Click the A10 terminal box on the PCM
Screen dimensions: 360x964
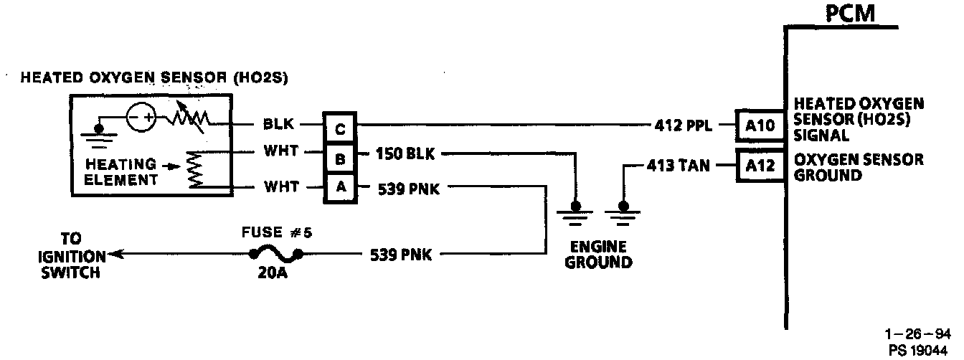click(x=756, y=125)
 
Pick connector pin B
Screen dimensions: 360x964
click(x=340, y=156)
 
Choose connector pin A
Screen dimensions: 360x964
click(x=340, y=188)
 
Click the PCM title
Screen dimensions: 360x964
click(x=850, y=13)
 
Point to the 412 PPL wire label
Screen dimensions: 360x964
click(x=682, y=126)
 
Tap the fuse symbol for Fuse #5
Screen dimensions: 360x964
click(x=274, y=253)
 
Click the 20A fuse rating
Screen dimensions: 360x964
click(x=273, y=274)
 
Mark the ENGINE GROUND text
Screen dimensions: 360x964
click(x=598, y=254)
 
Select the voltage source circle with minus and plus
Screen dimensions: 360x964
click(x=141, y=117)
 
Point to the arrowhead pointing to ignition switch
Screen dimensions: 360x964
click(x=115, y=254)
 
